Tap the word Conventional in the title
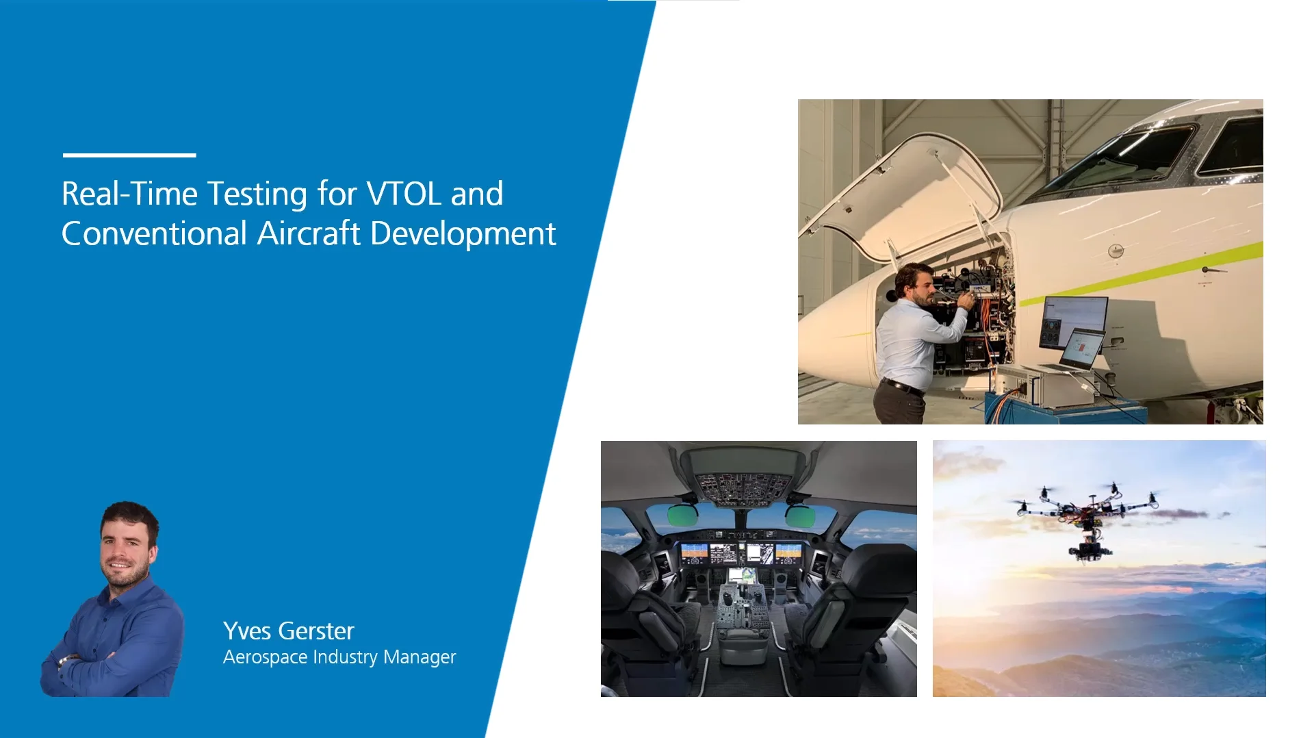[154, 233]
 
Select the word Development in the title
[463, 234]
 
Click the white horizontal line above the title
[129, 155]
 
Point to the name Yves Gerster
[288, 631]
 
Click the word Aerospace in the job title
[265, 657]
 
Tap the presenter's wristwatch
[65, 661]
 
